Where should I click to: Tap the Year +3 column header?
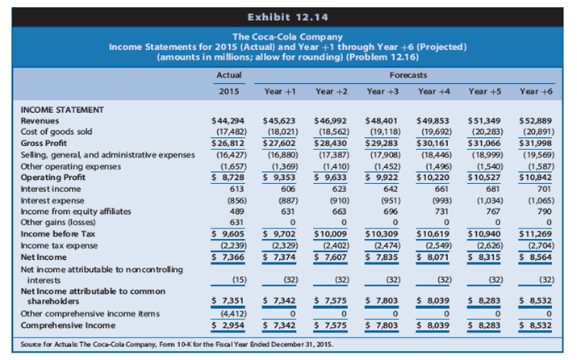pos(382,90)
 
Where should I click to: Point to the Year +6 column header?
pos(536,90)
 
